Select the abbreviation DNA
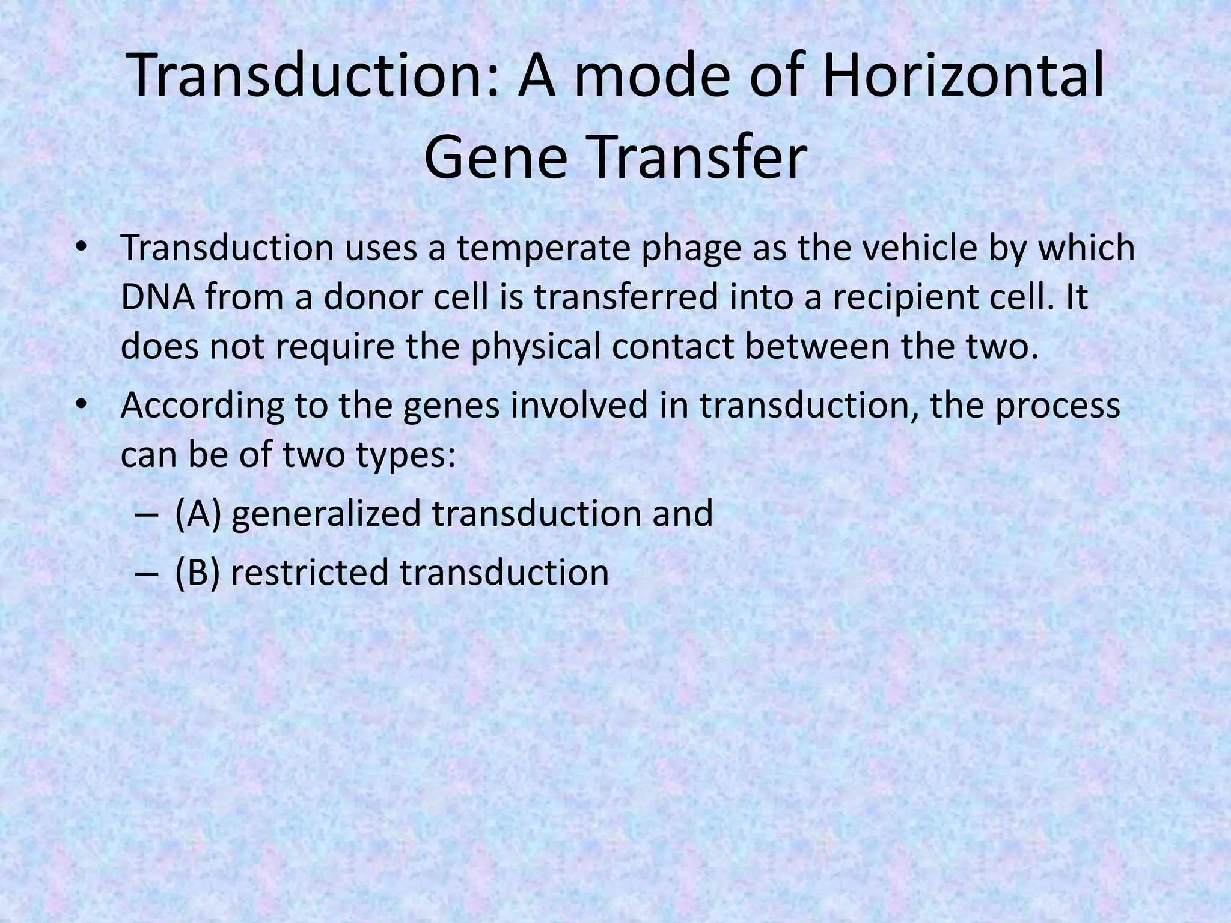coord(158,297)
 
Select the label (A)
coord(198,514)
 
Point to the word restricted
coord(310,573)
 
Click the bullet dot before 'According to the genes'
coord(82,404)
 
